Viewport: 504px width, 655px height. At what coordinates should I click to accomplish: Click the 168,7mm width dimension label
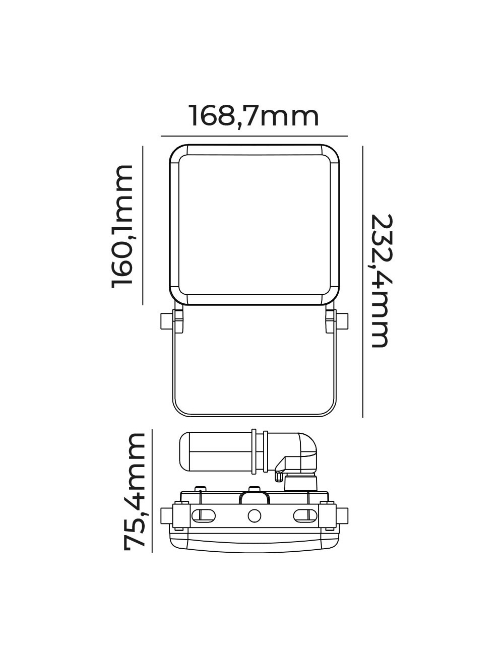pos(254,116)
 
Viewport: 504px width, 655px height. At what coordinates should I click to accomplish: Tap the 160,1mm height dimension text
pos(122,226)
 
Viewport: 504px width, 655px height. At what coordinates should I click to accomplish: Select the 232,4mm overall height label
pos(380,281)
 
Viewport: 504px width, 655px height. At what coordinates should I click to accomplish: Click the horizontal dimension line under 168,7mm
pos(254,136)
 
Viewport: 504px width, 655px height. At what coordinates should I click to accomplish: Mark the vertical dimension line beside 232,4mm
pos(363,281)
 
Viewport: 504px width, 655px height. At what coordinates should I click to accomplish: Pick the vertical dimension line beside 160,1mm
pos(143,226)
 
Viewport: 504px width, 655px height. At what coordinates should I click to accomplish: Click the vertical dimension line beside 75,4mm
pos(152,491)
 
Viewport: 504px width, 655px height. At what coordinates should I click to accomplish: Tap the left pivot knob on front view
pos(166,321)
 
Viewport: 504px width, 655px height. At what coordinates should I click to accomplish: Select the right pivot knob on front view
pos(342,321)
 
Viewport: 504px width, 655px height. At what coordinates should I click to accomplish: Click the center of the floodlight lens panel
pos(254,225)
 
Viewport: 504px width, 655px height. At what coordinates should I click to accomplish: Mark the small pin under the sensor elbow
pos(277,475)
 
